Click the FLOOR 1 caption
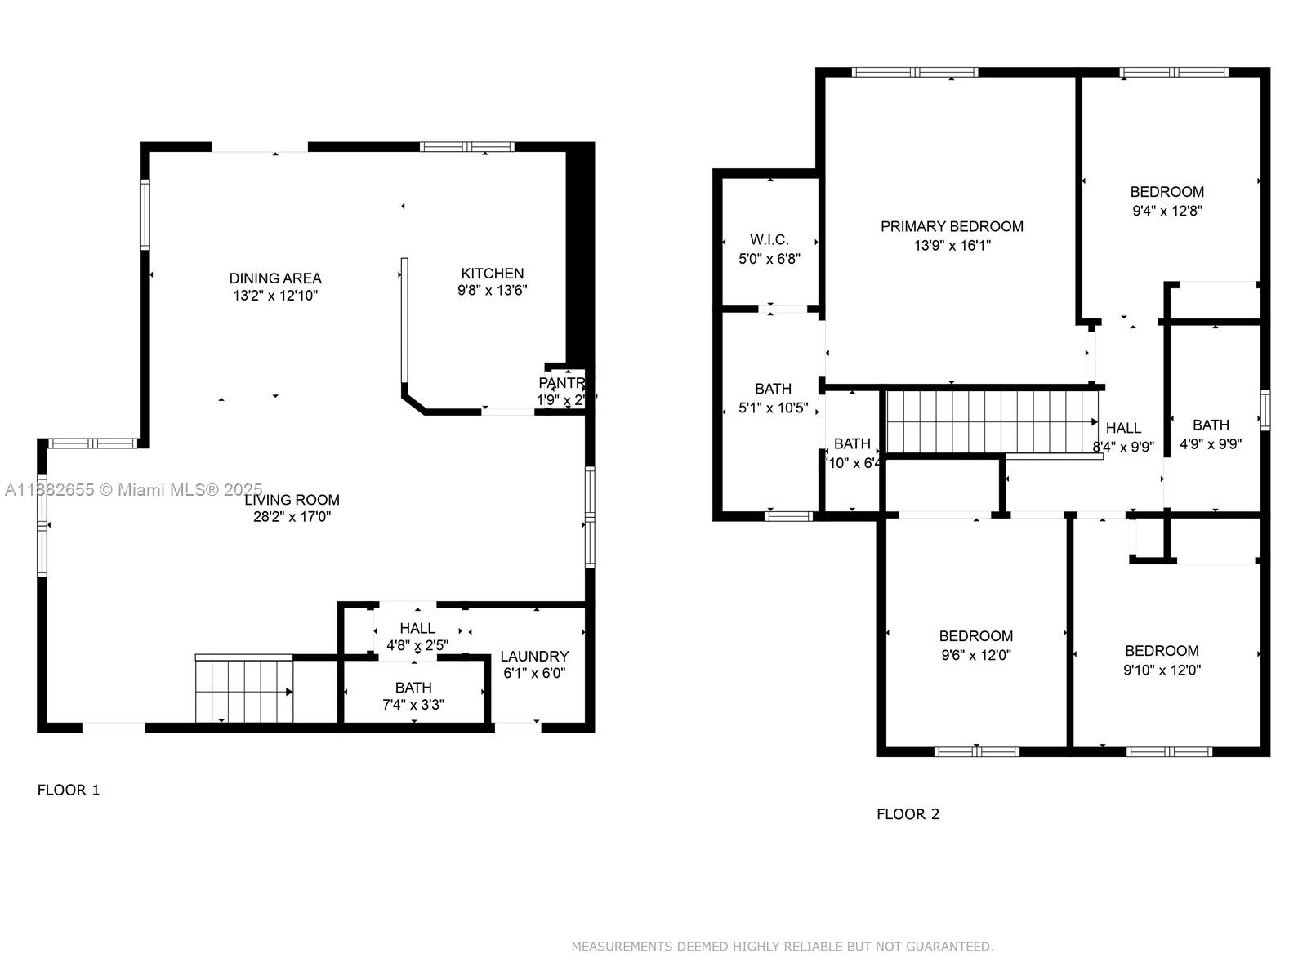[x=69, y=790]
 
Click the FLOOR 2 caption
[x=908, y=813]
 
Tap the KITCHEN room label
[x=492, y=274]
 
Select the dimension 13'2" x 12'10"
[x=275, y=296]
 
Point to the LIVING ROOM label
[x=292, y=500]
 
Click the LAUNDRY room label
[x=534, y=656]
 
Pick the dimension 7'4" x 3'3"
[x=413, y=705]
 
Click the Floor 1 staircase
[x=244, y=691]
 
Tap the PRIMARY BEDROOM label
[x=952, y=226]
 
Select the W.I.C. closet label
[x=769, y=239]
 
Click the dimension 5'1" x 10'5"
[x=773, y=408]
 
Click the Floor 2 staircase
[x=991, y=421]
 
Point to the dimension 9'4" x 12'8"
[x=1166, y=210]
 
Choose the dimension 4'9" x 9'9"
[x=1211, y=444]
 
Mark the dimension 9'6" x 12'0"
[x=976, y=654]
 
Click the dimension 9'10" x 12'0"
[x=1162, y=670]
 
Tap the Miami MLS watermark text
[x=134, y=489]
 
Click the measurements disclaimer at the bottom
[x=782, y=947]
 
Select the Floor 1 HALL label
[x=417, y=628]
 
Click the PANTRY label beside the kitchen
[x=561, y=383]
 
